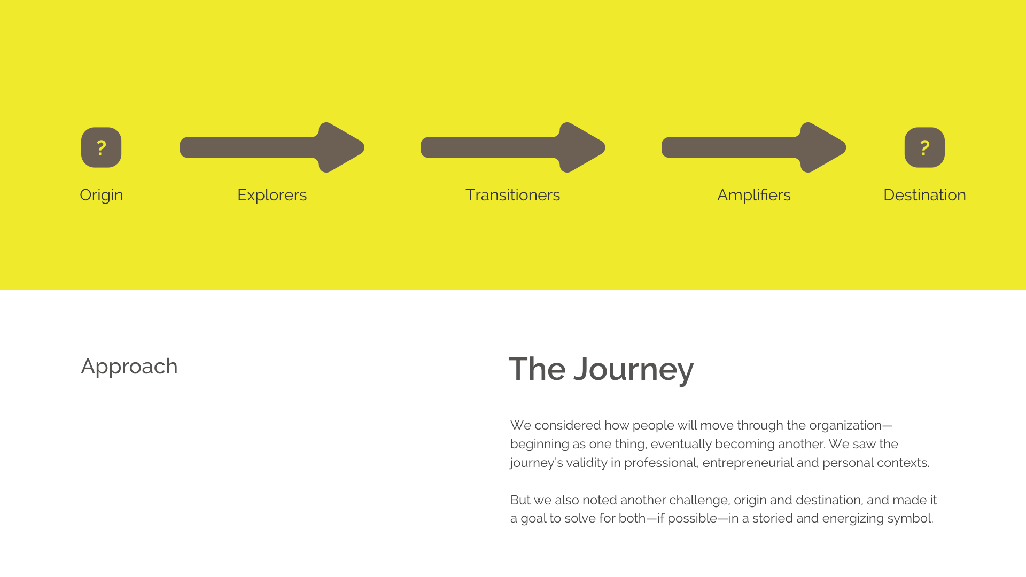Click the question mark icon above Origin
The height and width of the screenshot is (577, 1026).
[101, 147]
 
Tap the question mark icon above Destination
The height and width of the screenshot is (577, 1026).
[924, 147]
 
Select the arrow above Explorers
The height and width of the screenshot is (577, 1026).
[272, 147]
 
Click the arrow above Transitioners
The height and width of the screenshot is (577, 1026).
[513, 147]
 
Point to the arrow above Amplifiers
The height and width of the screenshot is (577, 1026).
[753, 147]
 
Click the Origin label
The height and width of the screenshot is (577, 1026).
[102, 195]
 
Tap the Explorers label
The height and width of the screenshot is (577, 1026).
[272, 195]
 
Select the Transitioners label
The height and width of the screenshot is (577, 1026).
[513, 195]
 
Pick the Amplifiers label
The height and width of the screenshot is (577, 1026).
[754, 195]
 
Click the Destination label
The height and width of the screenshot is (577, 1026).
[924, 195]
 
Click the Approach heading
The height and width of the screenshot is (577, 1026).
[129, 367]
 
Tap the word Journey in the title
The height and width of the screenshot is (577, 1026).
[634, 370]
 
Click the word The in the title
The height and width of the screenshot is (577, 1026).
[537, 369]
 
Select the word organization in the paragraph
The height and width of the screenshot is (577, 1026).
[845, 426]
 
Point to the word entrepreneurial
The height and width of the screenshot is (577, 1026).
[748, 463]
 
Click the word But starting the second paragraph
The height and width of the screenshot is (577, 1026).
[520, 500]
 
